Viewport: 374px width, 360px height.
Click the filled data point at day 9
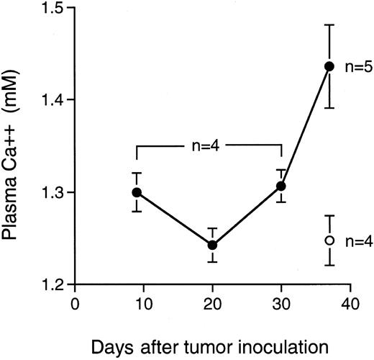[x=137, y=192]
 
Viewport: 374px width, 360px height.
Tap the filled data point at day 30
[x=281, y=186]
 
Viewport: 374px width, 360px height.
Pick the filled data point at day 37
[x=329, y=66]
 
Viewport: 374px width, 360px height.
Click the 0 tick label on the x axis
[x=74, y=304]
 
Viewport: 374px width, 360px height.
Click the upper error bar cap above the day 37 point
[x=329, y=24]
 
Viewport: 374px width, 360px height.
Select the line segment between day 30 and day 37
[x=306, y=126]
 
